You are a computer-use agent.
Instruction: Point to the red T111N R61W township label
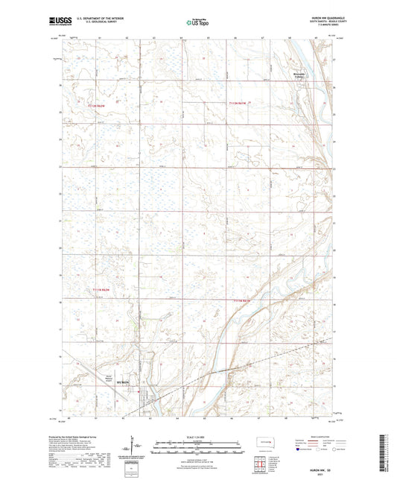(x=244, y=300)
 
